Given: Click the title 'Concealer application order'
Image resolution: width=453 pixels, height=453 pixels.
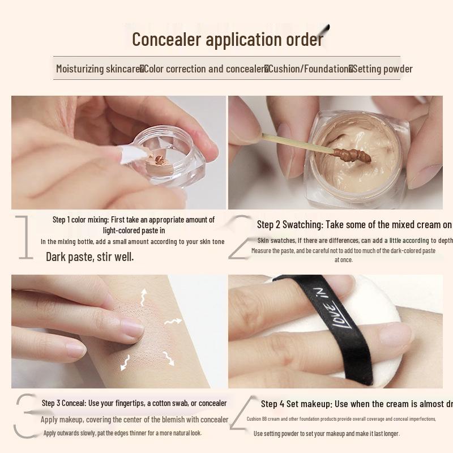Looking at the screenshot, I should click(x=227, y=40).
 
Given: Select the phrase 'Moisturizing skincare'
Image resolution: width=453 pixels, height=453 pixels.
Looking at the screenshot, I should click(x=98, y=69).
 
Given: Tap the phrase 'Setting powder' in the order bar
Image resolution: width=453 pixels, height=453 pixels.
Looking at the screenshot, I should click(x=383, y=69).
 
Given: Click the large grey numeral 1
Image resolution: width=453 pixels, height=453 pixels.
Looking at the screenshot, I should click(x=23, y=238).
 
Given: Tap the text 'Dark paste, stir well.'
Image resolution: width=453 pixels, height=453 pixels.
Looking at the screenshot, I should click(x=90, y=257).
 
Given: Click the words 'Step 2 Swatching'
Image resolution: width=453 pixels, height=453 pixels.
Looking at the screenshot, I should click(x=289, y=225).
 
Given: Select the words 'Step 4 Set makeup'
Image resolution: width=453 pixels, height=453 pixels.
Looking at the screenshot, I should click(x=296, y=404).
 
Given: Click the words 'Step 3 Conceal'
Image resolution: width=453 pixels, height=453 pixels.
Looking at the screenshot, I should click(x=63, y=403).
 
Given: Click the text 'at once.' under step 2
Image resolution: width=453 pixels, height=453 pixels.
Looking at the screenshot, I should click(x=343, y=260).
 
